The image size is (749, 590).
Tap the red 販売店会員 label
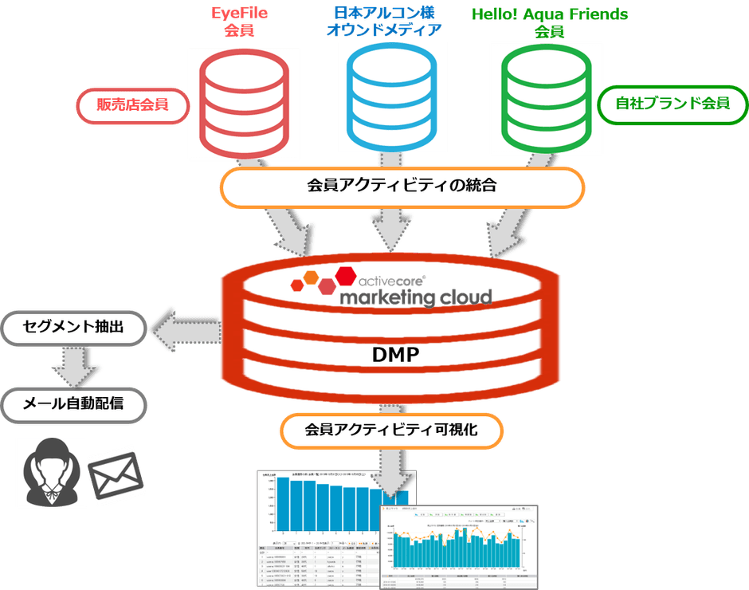[x=132, y=104]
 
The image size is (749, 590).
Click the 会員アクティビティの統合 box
[x=402, y=187]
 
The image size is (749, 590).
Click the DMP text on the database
[x=395, y=356]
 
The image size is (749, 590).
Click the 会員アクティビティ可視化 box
[x=391, y=431]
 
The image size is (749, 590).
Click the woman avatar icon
[x=50, y=472]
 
